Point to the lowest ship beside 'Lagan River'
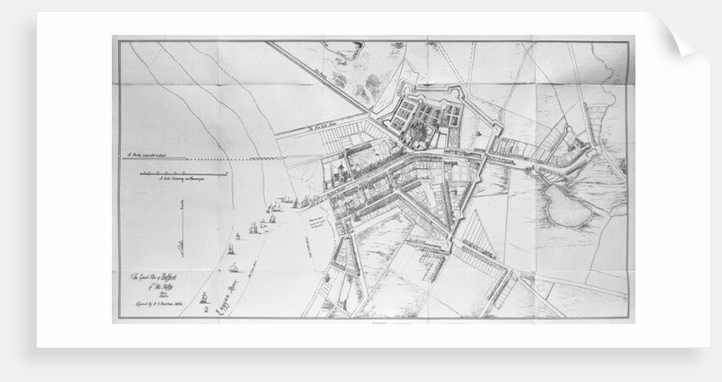click(204, 299)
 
